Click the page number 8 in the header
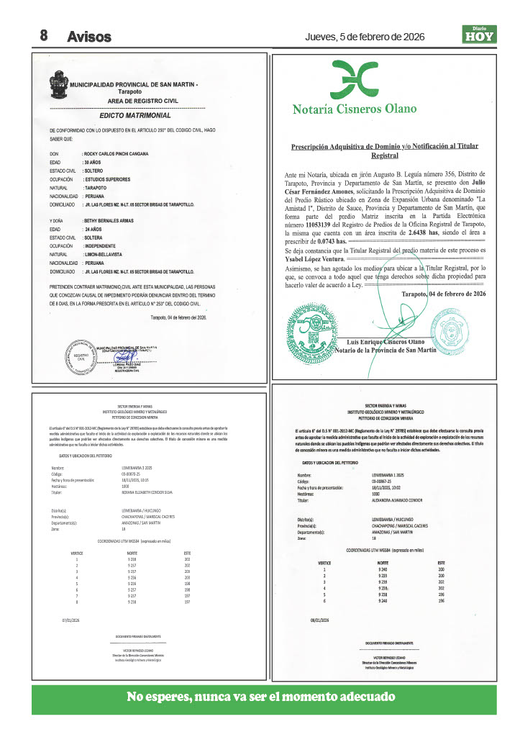pyautogui.click(x=43, y=35)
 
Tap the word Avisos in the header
pyautogui.click(x=89, y=36)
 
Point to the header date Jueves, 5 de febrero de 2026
pyautogui.click(x=365, y=36)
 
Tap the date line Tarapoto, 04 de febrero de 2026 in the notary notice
pyautogui.click(x=443, y=294)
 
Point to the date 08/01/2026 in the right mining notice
pyautogui.click(x=319, y=620)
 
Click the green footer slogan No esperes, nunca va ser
pyautogui.click(x=261, y=697)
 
